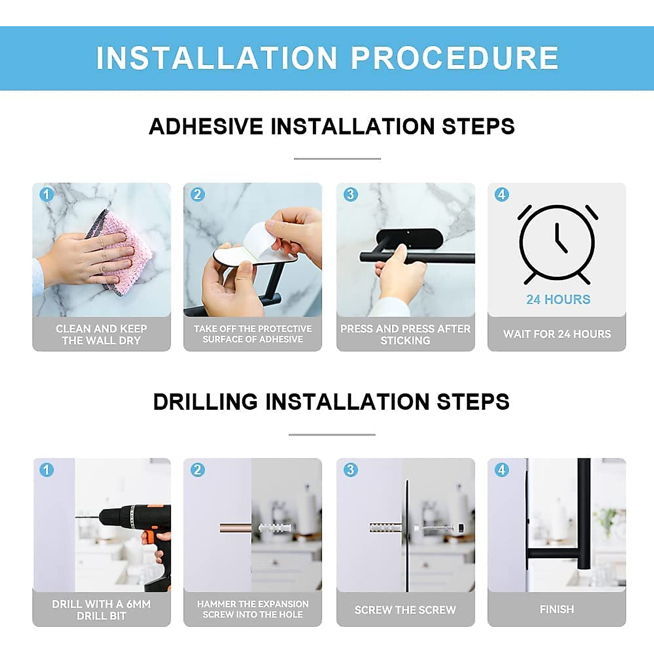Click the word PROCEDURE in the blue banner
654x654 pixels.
pyautogui.click(x=455, y=58)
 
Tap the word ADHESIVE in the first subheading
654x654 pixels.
pyautogui.click(x=206, y=126)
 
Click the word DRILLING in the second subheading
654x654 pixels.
pyautogui.click(x=205, y=402)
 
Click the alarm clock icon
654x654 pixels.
pyautogui.click(x=557, y=244)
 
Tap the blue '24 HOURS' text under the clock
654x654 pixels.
pyautogui.click(x=558, y=299)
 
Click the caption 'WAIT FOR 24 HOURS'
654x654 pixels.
pyautogui.click(x=557, y=334)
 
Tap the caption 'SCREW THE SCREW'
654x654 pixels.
pyautogui.click(x=405, y=610)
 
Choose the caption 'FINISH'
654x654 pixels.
pyautogui.click(x=557, y=609)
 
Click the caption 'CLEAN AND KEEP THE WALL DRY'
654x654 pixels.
pyautogui.click(x=101, y=334)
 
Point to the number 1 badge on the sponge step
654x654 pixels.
pyautogui.click(x=46, y=195)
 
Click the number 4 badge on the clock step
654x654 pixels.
pyautogui.click(x=501, y=195)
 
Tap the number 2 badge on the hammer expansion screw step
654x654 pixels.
pyautogui.click(x=197, y=470)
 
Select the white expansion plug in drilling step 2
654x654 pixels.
pyautogui.click(x=274, y=529)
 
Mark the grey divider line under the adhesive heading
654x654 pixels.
pyautogui.click(x=337, y=159)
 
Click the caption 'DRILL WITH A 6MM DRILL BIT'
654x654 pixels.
pyautogui.click(x=101, y=610)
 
